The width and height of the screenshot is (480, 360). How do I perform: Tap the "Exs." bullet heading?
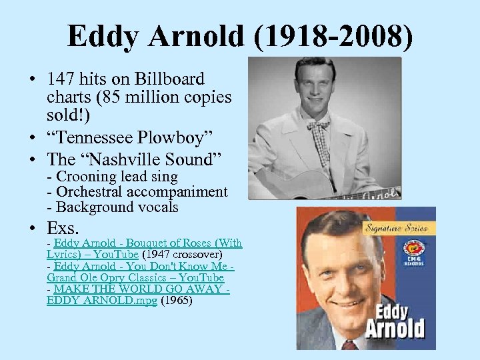click(x=63, y=227)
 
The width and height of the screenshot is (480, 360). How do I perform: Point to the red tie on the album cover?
click(x=349, y=345)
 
